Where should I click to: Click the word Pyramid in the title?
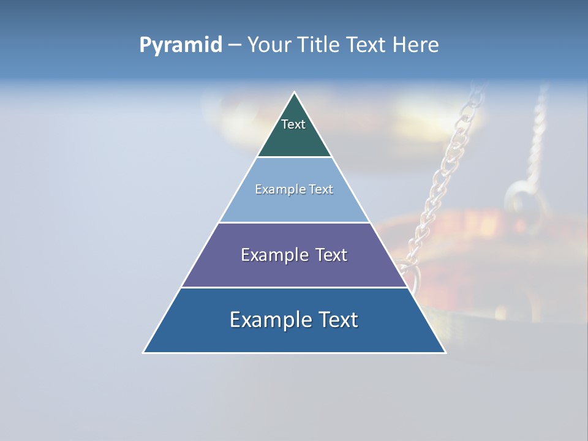(x=180, y=45)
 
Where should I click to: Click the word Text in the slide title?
(x=367, y=45)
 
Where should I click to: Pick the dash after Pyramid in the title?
(x=234, y=45)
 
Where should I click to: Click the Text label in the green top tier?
(x=293, y=124)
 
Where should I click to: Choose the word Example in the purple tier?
(x=272, y=255)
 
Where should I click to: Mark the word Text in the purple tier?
(x=331, y=255)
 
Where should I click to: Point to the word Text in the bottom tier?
(x=337, y=320)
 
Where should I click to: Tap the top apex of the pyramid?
(x=295, y=92)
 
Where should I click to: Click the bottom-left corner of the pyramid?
(x=144, y=352)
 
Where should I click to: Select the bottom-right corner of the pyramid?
(x=445, y=352)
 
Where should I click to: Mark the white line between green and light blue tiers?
(x=295, y=157)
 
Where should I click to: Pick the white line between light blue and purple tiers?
(x=295, y=222)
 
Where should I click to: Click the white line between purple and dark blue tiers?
(x=295, y=287)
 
